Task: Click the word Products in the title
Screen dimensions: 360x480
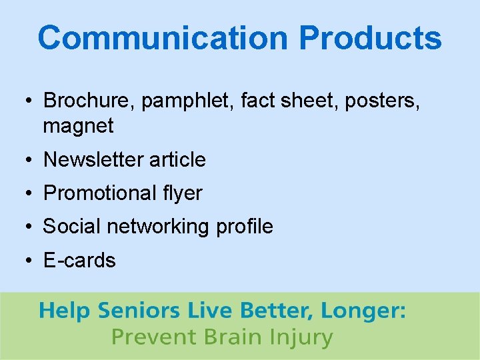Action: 370,38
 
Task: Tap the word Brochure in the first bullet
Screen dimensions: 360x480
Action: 83,101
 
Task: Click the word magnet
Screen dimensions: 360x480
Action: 78,125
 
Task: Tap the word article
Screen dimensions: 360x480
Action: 177,159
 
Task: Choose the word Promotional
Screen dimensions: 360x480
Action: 99,193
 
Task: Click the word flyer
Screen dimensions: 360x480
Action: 182,193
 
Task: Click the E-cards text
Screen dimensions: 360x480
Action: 79,261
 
